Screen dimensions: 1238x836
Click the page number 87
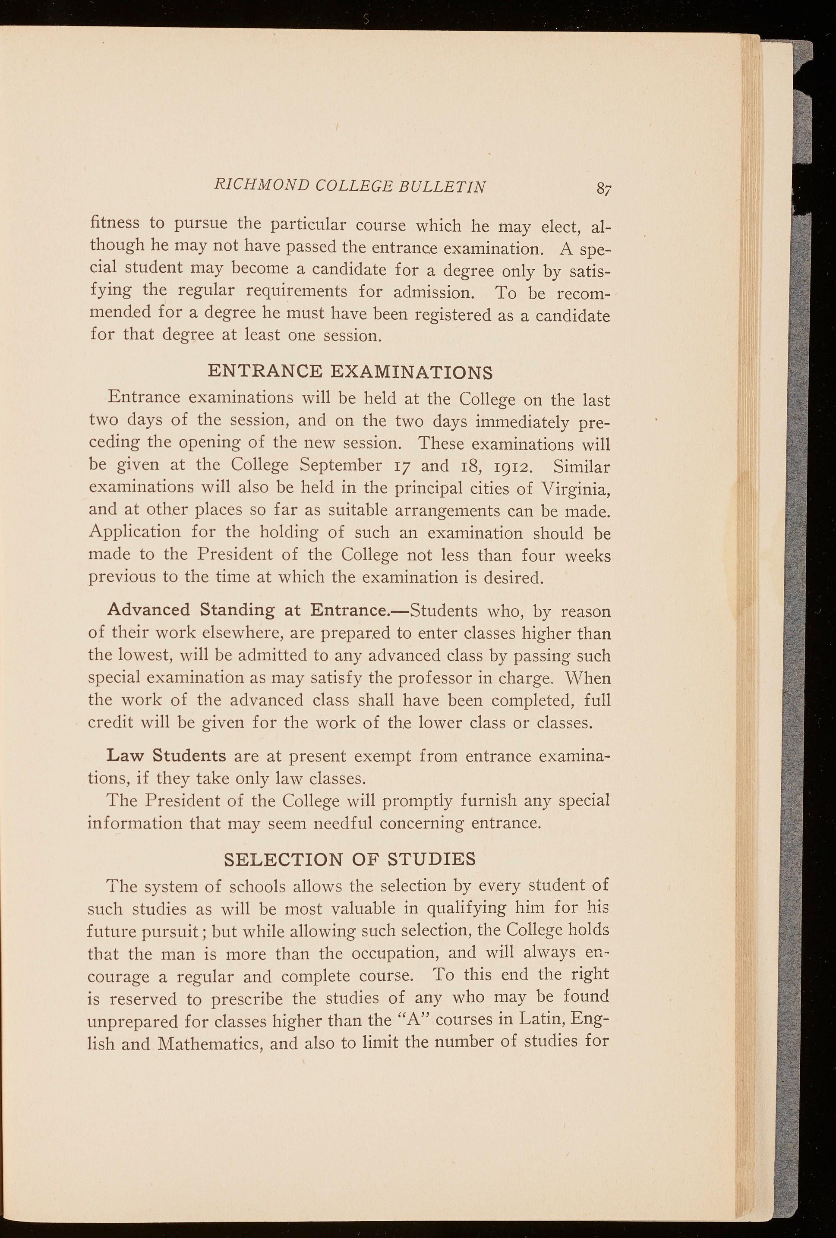point(603,189)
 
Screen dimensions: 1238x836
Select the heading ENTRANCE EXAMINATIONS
point(350,371)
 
